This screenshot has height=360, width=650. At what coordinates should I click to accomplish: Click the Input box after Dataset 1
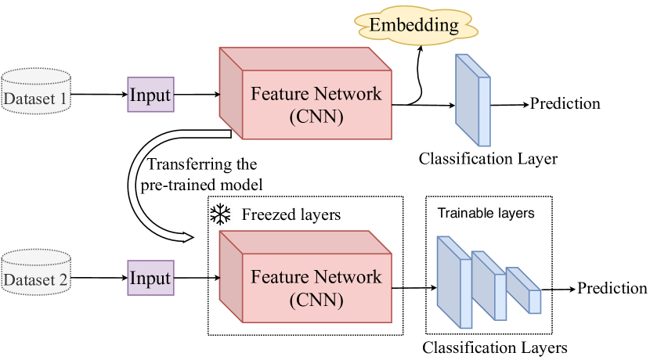150,95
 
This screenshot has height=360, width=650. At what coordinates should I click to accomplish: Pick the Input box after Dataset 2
150,277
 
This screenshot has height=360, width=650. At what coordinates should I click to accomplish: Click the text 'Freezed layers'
291,214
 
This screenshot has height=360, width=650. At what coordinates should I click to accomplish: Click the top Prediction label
565,103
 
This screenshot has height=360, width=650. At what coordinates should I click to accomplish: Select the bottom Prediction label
612,288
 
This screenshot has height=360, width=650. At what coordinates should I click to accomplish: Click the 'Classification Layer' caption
488,159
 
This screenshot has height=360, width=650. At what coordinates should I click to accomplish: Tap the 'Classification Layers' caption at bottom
494,347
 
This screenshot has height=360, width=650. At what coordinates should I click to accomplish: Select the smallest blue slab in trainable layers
524,290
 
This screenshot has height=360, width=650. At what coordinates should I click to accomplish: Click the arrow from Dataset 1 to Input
102,95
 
